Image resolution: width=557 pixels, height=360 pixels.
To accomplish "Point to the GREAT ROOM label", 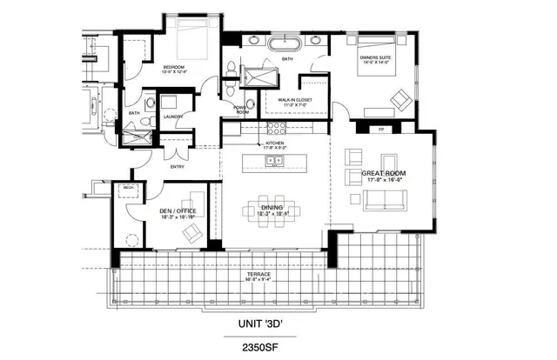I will click(x=385, y=174).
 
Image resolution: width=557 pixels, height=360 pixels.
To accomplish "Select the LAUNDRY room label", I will click(x=171, y=117).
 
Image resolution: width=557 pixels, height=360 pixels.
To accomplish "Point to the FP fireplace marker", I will click(x=382, y=130).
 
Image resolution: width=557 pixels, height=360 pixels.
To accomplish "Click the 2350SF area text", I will click(x=265, y=345).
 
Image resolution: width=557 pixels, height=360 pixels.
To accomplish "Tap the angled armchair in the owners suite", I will click(x=402, y=99).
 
